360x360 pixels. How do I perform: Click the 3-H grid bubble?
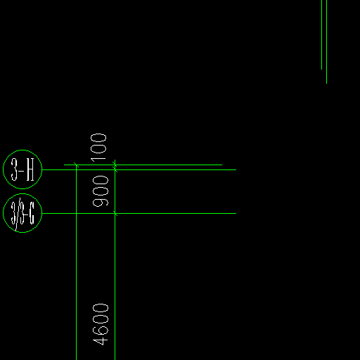point(22,150)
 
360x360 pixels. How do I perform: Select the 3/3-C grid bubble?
point(22,194)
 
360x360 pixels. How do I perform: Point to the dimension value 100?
point(98,148)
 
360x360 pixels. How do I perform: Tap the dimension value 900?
point(101,191)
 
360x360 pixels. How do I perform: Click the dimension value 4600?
point(101,324)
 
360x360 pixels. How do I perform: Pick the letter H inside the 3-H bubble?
point(30,169)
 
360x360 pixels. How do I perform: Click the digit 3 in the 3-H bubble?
point(14,169)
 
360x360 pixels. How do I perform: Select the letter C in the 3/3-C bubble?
point(32,213)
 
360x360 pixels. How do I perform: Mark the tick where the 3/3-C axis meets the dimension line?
point(115,213)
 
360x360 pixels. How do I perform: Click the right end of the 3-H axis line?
point(236,169)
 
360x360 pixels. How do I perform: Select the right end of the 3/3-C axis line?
point(236,213)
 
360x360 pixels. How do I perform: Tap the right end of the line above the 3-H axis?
point(222,165)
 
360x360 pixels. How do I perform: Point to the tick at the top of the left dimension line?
point(76,165)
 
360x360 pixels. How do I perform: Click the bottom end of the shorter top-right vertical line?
point(321,70)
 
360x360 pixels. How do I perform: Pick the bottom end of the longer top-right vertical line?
point(326,84)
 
